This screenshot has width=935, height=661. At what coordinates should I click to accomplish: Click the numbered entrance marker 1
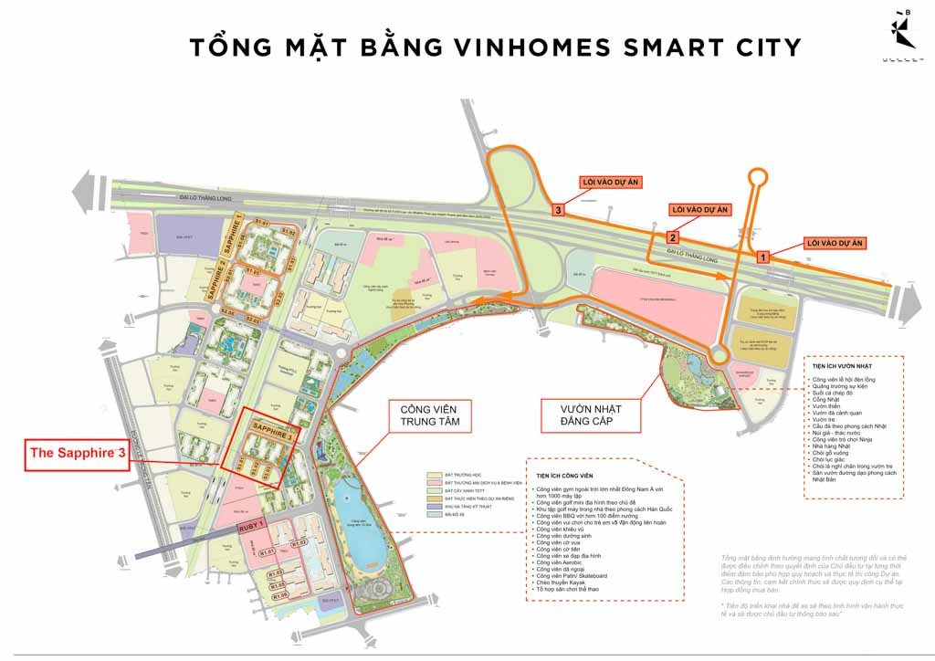(764, 258)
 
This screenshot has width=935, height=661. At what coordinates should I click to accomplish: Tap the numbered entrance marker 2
(671, 237)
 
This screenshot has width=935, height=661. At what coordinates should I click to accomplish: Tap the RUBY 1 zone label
(251, 526)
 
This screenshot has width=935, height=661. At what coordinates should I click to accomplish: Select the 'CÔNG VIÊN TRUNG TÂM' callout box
(429, 415)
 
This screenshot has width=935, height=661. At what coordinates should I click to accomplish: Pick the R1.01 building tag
(268, 551)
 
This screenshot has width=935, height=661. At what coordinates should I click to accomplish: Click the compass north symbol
(906, 33)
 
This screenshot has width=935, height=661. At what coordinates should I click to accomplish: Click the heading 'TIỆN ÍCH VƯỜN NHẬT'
(836, 367)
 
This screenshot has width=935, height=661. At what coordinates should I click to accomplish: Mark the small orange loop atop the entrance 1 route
(757, 178)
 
